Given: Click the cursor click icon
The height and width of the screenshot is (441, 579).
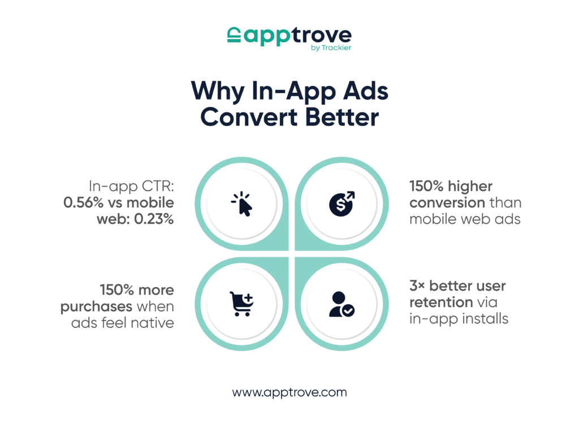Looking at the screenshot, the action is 242,204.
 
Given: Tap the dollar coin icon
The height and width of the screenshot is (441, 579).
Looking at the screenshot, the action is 342,204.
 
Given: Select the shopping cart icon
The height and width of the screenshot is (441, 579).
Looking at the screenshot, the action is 241,304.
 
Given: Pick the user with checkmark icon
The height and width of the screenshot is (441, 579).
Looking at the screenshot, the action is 342,304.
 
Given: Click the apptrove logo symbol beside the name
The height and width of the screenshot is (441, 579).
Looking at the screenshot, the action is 234,34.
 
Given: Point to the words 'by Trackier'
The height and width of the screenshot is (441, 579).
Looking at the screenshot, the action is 331,47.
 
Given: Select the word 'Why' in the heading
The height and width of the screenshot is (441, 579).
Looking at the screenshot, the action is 218,91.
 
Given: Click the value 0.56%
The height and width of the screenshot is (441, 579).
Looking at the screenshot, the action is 84,202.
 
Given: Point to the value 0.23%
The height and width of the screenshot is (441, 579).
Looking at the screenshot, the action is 154,219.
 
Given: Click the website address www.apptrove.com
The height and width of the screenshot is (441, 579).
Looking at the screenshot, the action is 289,392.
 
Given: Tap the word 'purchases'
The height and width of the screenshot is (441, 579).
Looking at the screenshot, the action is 96,307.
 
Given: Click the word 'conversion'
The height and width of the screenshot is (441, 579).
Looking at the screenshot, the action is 447,203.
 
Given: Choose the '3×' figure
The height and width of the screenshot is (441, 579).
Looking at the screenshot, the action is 417,286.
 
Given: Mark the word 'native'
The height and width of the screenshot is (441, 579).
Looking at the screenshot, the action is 152,323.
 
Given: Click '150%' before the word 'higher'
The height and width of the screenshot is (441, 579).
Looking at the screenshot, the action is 426,186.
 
